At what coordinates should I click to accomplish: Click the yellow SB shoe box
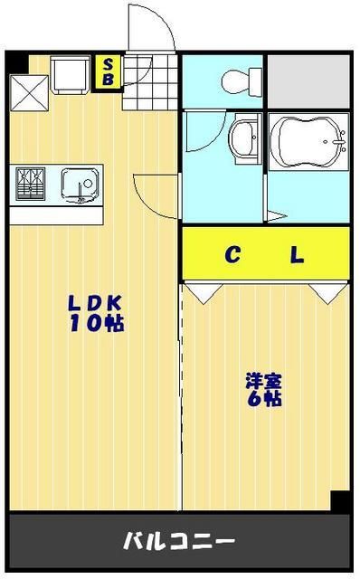(109, 72)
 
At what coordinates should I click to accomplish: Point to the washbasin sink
(242, 140)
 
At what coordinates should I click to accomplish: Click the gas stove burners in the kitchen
(32, 185)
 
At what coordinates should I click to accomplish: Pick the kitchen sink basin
(76, 184)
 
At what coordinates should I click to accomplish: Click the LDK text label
(92, 304)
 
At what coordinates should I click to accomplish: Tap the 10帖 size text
(92, 324)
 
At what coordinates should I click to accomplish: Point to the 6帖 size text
(261, 398)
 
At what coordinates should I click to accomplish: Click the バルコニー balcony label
(179, 542)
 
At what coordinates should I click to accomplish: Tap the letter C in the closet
(233, 255)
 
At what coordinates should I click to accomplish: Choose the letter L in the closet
(297, 255)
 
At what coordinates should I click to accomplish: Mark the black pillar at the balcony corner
(340, 501)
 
